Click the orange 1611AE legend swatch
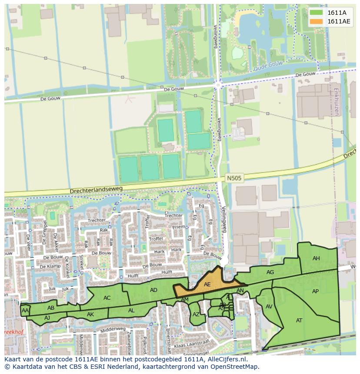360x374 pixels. tap(317, 21)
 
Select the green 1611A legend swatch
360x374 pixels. tap(317, 13)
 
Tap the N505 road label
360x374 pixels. tap(233, 178)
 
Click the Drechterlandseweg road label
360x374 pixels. tap(96, 190)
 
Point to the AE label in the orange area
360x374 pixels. tap(207, 285)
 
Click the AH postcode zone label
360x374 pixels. tap(316, 258)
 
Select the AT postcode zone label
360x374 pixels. tap(299, 321)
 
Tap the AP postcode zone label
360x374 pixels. tap(315, 291)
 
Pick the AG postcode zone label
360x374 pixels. tap(270, 272)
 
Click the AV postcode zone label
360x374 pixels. tap(269, 307)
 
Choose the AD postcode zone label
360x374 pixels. tap(153, 290)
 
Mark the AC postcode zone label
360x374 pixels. tap(107, 298)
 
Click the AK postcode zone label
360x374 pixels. tap(90, 314)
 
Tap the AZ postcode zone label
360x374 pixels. tap(196, 314)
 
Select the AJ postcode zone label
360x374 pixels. tap(47, 318)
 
